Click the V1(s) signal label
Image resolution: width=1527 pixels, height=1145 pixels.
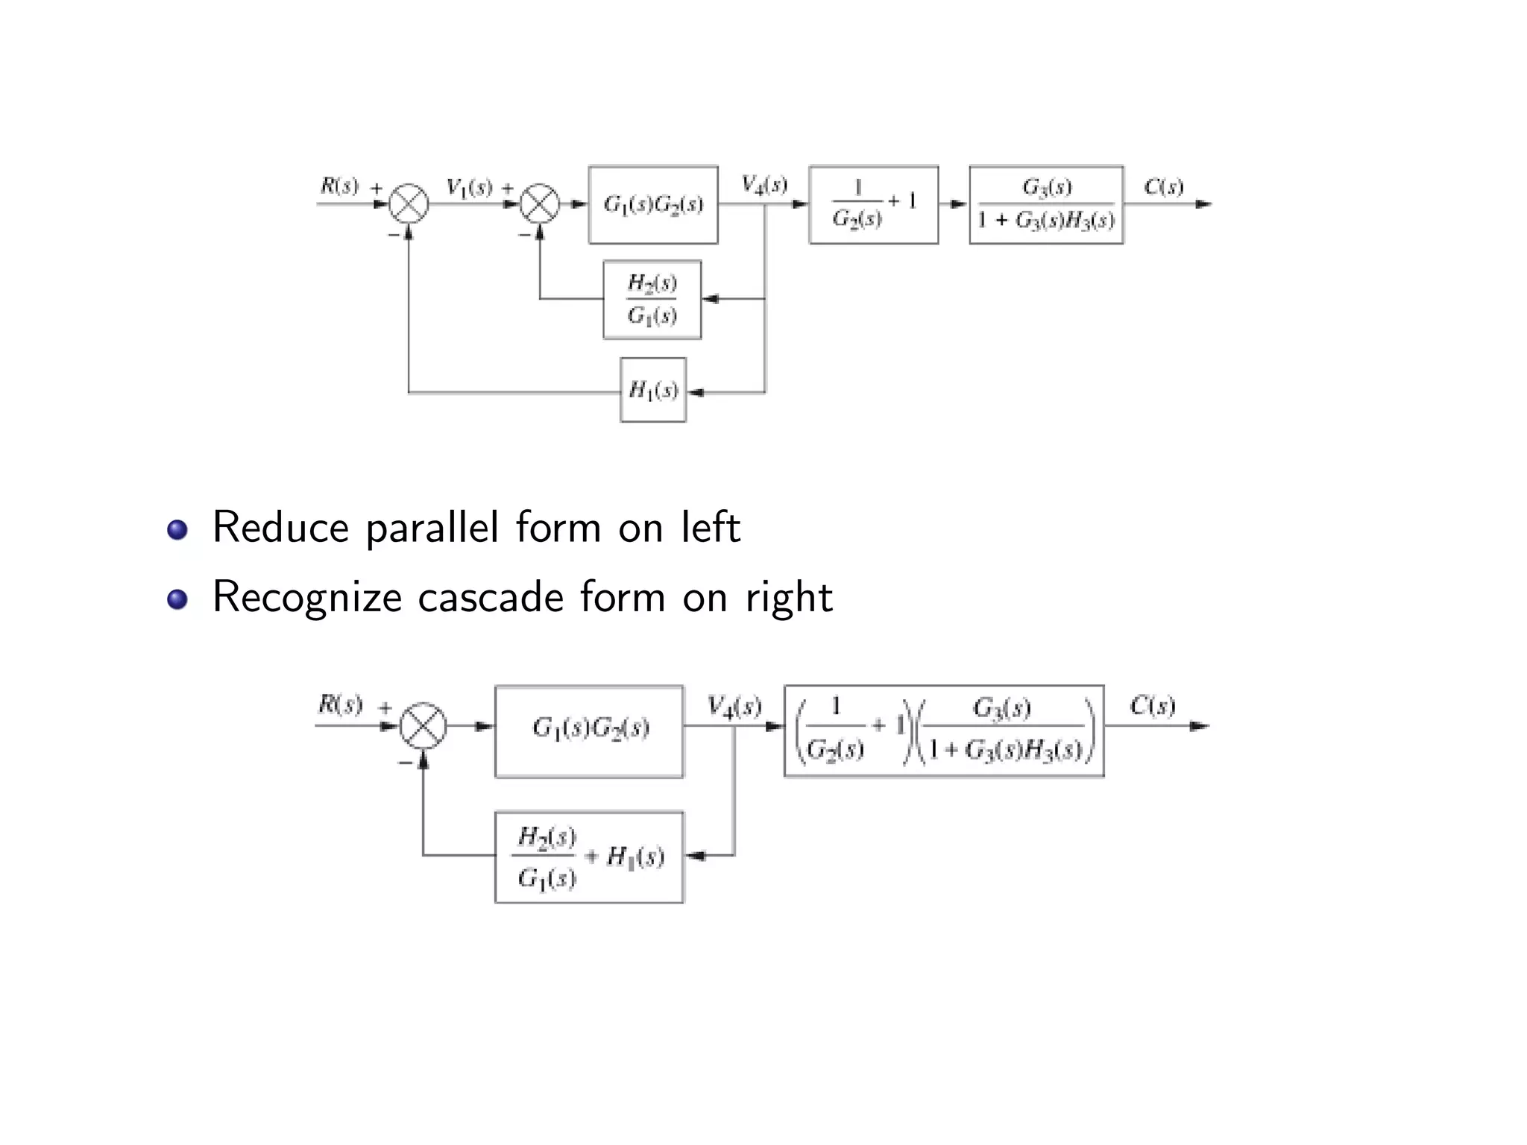(x=469, y=187)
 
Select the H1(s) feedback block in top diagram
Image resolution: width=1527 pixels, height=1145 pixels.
(x=653, y=390)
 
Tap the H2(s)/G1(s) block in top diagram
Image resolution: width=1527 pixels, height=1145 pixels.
(x=652, y=300)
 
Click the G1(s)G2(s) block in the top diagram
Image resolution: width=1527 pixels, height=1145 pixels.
(x=653, y=204)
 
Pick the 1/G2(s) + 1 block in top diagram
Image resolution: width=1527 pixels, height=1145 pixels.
(x=873, y=204)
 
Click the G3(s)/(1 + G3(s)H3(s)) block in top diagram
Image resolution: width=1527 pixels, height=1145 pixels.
(x=1046, y=204)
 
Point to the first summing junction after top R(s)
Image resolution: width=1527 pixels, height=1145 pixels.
(x=409, y=204)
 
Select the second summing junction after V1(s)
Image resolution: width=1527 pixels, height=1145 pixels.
(x=540, y=204)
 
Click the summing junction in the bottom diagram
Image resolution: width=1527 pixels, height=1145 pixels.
(x=423, y=725)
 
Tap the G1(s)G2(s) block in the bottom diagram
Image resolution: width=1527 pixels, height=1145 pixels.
(x=589, y=731)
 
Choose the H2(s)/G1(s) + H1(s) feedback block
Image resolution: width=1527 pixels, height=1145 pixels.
(x=589, y=857)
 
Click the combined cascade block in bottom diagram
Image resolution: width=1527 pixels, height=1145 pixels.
(x=944, y=731)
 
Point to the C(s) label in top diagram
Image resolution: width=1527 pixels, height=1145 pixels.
(x=1163, y=186)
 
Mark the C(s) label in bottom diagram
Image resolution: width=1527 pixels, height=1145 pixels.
(x=1152, y=705)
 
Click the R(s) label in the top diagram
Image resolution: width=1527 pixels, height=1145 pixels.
(x=339, y=186)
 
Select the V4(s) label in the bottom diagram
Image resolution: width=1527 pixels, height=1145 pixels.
(x=734, y=706)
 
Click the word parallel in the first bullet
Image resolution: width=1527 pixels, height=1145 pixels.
(x=432, y=529)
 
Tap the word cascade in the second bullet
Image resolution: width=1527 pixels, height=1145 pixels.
(x=490, y=598)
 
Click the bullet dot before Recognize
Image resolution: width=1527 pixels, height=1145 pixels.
(x=177, y=599)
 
